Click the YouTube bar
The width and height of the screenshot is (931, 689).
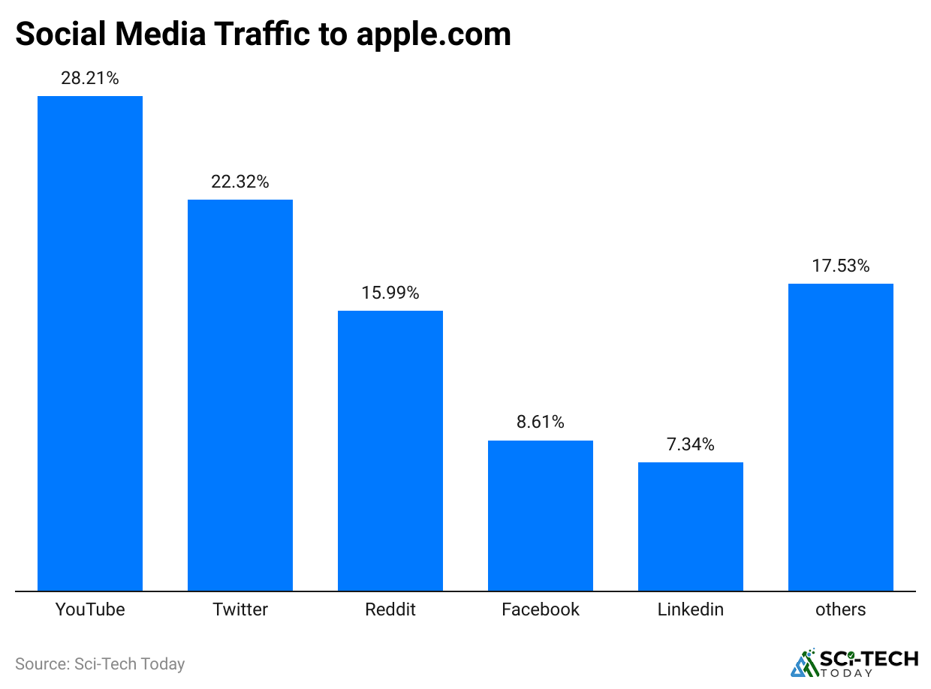coord(90,343)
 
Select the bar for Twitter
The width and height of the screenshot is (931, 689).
coord(240,395)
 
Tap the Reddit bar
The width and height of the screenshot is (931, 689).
coord(390,450)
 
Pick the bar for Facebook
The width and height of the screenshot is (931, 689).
coord(541,515)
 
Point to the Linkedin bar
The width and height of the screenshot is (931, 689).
coord(691,526)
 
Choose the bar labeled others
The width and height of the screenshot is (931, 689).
coord(841,437)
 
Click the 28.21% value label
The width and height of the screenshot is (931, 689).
coord(90,78)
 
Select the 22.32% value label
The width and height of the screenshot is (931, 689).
coord(240,182)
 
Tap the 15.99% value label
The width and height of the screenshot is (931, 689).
coord(390,293)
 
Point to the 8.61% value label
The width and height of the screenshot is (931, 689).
coord(541,423)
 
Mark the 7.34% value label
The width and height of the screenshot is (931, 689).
coord(691,444)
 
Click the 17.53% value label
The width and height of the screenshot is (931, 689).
coord(841,266)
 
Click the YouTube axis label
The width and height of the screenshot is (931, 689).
coord(90,609)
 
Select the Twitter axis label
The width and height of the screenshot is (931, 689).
coord(240,609)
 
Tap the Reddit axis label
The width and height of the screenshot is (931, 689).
coord(390,609)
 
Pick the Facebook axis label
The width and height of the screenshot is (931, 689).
coord(541,609)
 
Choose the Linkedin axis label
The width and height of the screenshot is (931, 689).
coord(691,609)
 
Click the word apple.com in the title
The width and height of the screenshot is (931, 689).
coord(433,35)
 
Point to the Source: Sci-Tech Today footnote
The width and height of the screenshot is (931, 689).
coord(100,664)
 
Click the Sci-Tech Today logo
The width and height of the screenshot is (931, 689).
coord(854,662)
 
